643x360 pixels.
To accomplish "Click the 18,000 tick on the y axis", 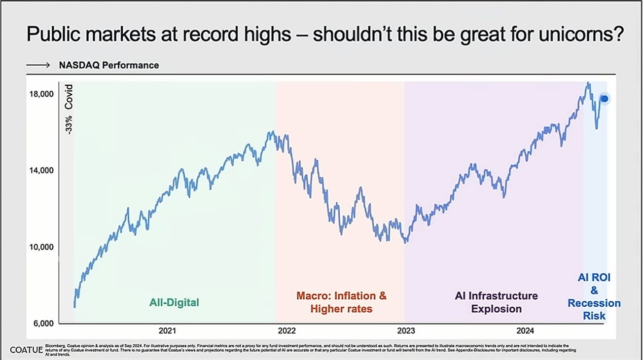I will tap(39, 94).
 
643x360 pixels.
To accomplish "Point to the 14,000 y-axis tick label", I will tap(39, 171).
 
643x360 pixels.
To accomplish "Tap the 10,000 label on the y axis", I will tap(39, 247).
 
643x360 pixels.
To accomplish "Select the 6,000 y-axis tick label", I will tap(41, 324).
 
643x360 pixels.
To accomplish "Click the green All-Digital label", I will tap(174, 302).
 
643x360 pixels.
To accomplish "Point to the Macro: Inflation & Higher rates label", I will tap(341, 302).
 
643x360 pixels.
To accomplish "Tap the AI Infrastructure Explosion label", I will tap(496, 302).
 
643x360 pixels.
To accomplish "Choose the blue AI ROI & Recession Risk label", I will tap(594, 296).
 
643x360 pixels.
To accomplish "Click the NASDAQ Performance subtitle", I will tap(109, 65).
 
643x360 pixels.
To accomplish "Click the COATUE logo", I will tap(25, 350).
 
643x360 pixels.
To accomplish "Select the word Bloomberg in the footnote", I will tap(54, 345).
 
